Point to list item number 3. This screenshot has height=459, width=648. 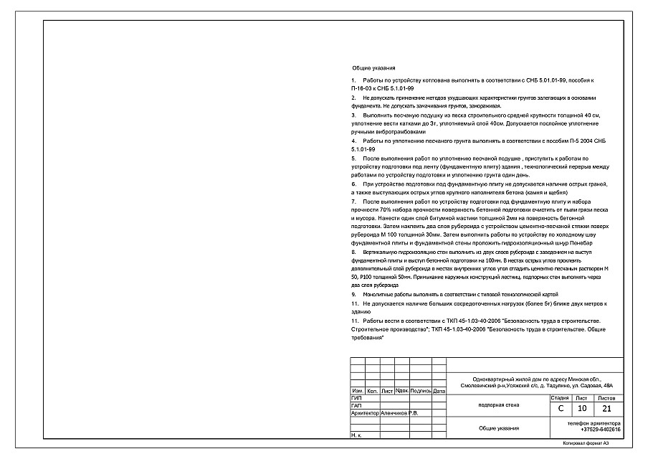[x=353, y=115]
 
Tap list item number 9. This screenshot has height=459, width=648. [x=353, y=295]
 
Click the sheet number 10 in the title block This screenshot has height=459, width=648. [x=582, y=408]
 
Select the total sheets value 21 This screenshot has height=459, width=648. [x=607, y=408]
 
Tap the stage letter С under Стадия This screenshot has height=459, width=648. [x=560, y=408]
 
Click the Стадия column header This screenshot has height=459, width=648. [x=560, y=397]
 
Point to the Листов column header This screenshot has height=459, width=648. [x=606, y=397]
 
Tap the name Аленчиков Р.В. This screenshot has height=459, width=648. [x=404, y=413]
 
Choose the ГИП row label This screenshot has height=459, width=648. [x=356, y=397]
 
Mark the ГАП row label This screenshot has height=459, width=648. [x=356, y=405]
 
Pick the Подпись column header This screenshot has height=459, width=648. [x=421, y=391]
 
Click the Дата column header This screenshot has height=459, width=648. [x=439, y=391]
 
